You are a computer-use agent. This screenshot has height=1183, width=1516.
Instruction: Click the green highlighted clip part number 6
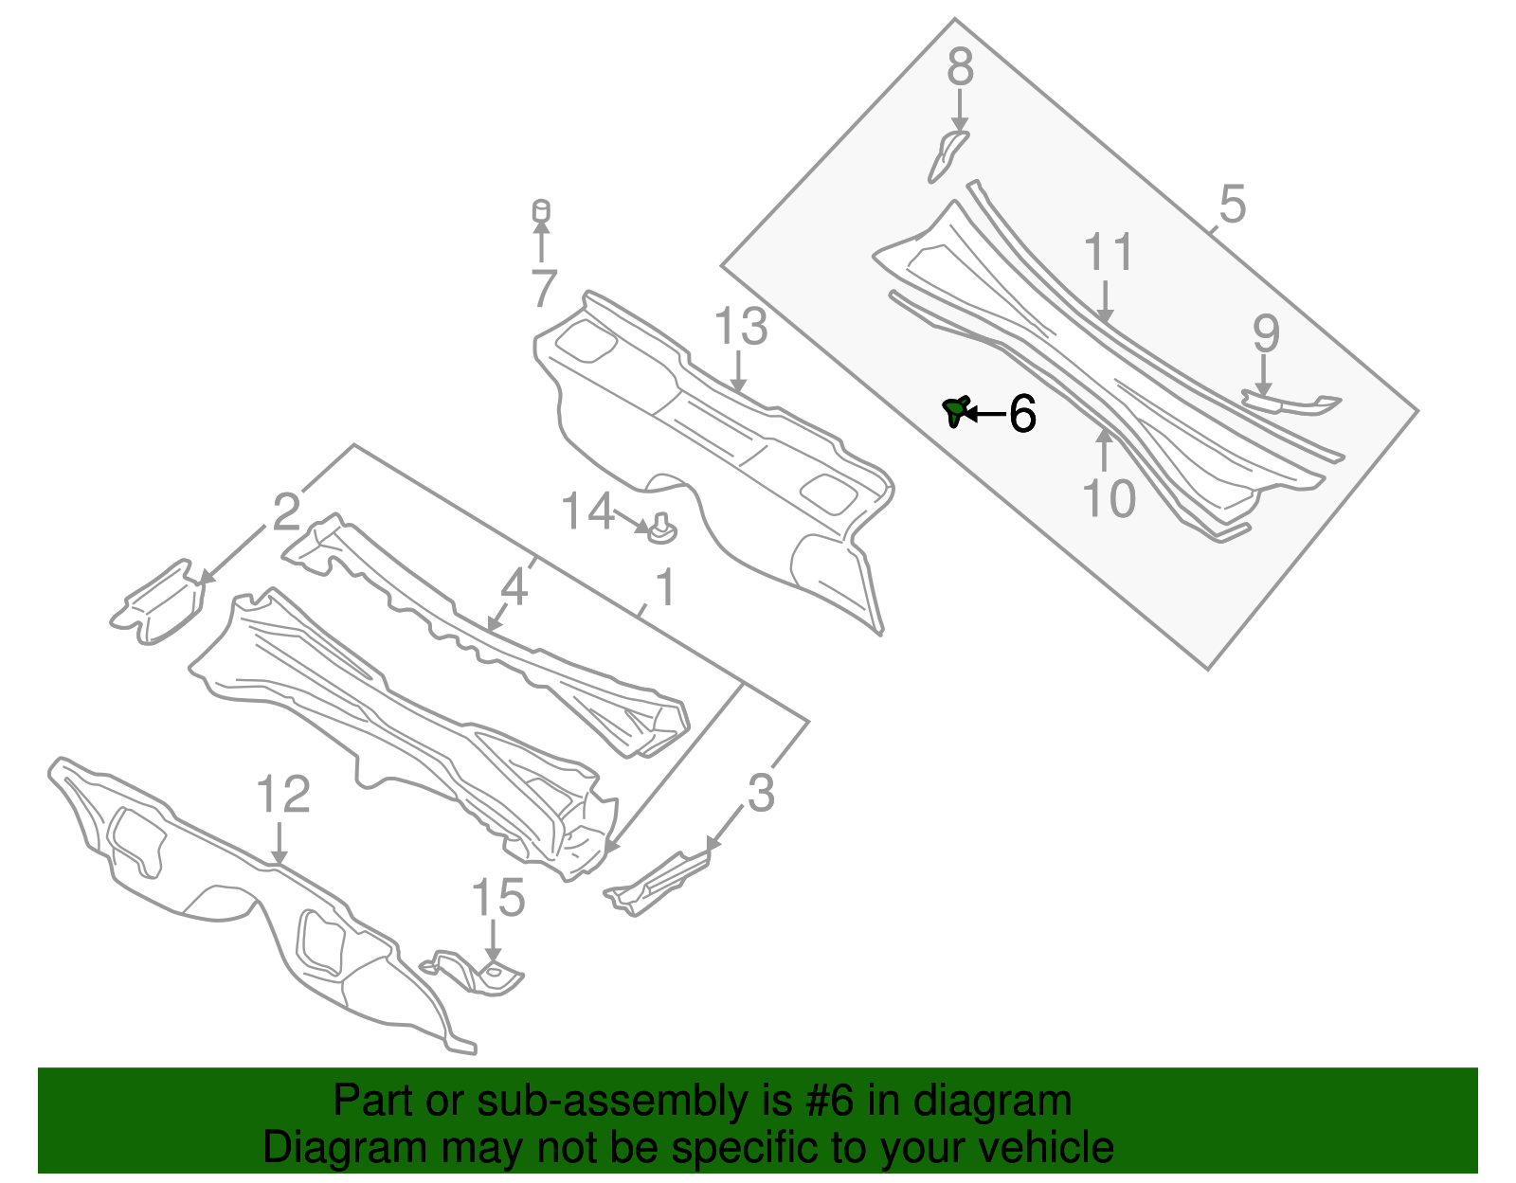tap(955, 411)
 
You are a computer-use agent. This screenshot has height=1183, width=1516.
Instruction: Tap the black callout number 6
tap(1022, 414)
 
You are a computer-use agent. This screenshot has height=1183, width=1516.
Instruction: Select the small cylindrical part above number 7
tap(541, 210)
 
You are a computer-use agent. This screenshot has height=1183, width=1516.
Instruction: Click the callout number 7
tap(543, 289)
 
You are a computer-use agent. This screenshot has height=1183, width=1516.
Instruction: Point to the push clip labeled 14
tap(661, 531)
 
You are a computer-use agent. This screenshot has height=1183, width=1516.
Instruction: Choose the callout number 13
tap(740, 327)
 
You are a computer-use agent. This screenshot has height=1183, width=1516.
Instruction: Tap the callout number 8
tap(960, 68)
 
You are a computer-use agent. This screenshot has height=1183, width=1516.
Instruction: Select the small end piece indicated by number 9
tap(1293, 404)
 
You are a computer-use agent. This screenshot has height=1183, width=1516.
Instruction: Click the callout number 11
tap(1108, 253)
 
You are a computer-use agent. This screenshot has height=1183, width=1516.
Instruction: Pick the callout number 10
tap(1109, 498)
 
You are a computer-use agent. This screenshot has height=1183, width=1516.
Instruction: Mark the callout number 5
tap(1232, 205)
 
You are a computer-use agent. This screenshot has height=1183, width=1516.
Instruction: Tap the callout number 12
tap(283, 795)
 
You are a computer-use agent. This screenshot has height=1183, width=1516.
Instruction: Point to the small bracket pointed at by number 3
tap(659, 882)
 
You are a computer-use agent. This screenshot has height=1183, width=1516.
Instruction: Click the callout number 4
tap(514, 587)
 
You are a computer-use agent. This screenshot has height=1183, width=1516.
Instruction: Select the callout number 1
tap(665, 588)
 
